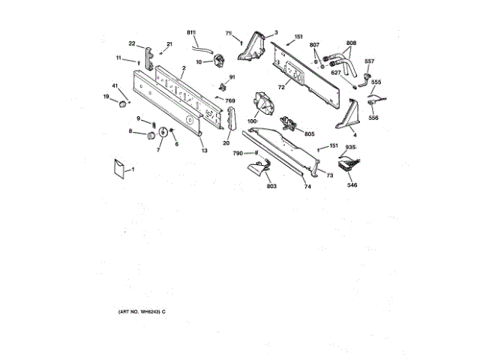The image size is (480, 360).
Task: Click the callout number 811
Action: pyautogui.click(x=190, y=31)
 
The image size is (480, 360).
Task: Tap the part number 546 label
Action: pyautogui.click(x=352, y=184)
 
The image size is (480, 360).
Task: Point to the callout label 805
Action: pyautogui.click(x=309, y=134)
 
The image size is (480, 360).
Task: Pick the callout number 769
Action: pyautogui.click(x=230, y=100)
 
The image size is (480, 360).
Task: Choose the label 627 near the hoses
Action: pyautogui.click(x=336, y=73)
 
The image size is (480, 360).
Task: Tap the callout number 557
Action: pyautogui.click(x=369, y=61)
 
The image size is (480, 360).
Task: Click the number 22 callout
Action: pyautogui.click(x=132, y=43)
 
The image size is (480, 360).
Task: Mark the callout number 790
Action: pyautogui.click(x=237, y=153)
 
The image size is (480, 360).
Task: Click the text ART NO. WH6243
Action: pyautogui.click(x=141, y=310)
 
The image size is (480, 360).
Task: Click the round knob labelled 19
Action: pyautogui.click(x=121, y=100)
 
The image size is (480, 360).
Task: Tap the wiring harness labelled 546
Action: pyautogui.click(x=349, y=167)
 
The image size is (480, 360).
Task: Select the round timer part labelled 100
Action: pyautogui.click(x=264, y=103)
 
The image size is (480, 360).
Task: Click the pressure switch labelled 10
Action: pyautogui.click(x=218, y=61)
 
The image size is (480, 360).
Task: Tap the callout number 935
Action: pyautogui.click(x=350, y=148)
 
